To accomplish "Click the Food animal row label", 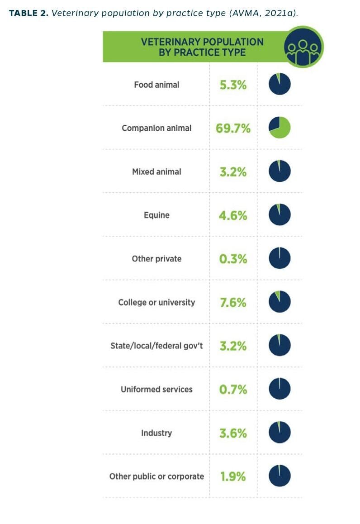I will [156, 85].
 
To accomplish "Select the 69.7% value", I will [233, 128].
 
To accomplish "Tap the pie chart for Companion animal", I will [279, 128].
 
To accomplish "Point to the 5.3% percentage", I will [233, 85].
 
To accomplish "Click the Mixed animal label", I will [156, 172].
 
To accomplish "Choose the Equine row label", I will [156, 215].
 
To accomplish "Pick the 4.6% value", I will [233, 215].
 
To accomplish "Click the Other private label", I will [156, 259].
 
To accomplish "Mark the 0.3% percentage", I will [233, 259].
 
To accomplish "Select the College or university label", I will [156, 302].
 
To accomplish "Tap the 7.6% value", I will [233, 302].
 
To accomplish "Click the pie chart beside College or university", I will [279, 302].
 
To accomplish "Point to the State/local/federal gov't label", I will [156, 346].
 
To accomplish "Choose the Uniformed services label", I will [156, 389].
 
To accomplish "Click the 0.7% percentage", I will [233, 389].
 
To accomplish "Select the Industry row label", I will [156, 433].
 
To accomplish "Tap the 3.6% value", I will [233, 433].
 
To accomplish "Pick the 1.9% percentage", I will [233, 476].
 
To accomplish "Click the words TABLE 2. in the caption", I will [28, 13].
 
